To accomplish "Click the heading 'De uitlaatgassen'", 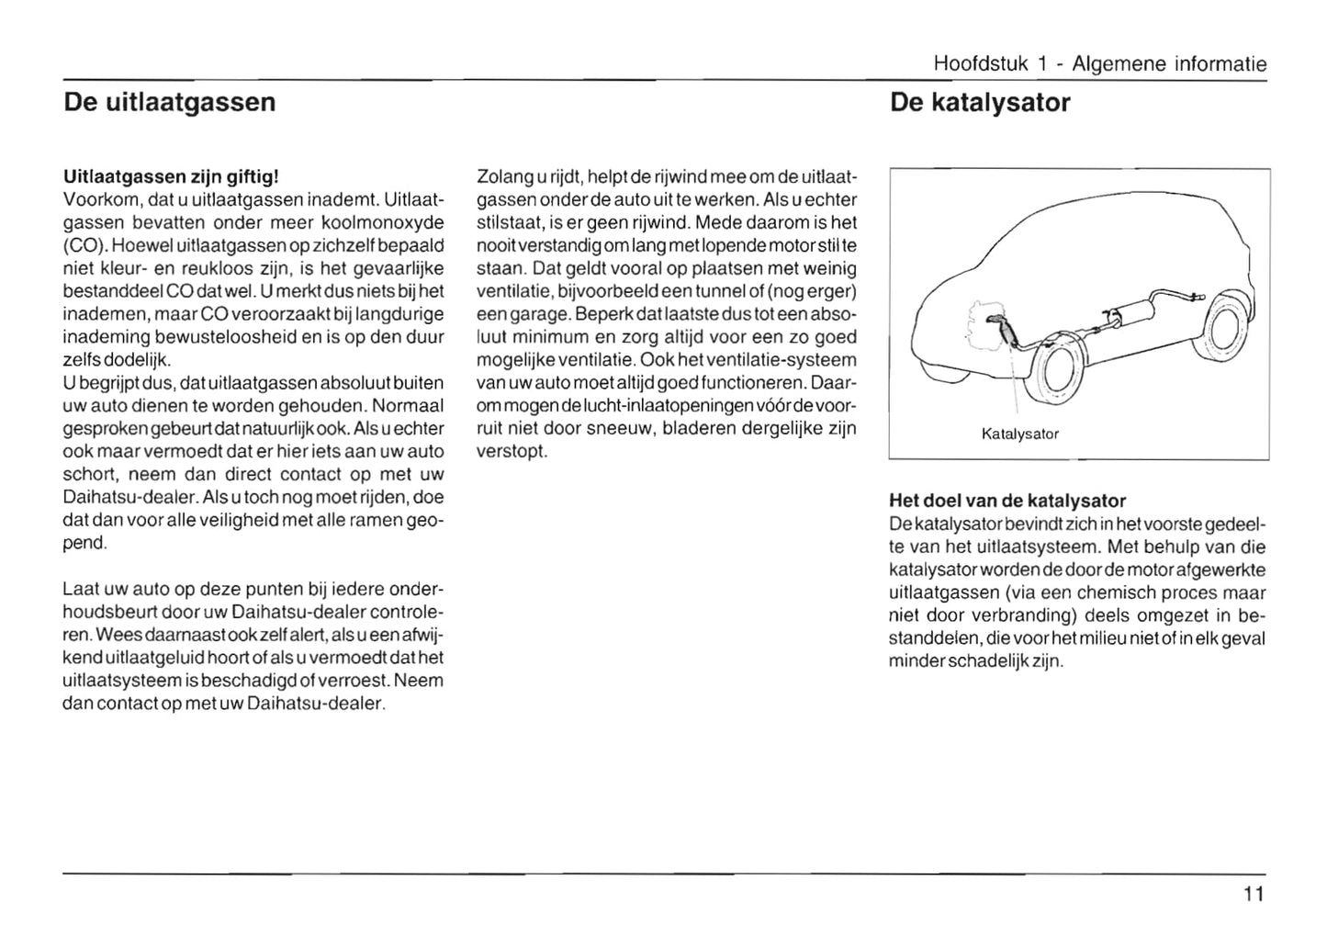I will (170, 102).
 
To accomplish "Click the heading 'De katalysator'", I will (980, 102).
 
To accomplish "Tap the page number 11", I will (1254, 894).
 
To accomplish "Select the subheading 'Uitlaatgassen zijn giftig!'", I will (170, 175).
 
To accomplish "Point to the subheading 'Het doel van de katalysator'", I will (1007, 501).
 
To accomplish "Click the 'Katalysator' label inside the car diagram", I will (1019, 434).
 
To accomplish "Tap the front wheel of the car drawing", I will (1052, 367).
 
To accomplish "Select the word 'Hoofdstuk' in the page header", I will (980, 64).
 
